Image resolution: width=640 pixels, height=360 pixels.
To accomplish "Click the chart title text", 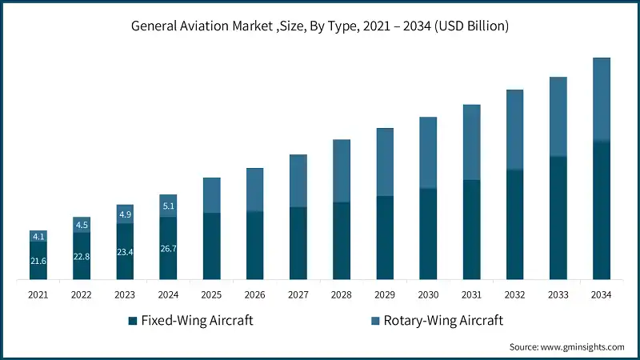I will pos(320,26).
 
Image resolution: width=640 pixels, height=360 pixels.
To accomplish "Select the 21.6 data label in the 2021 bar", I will pos(38,262).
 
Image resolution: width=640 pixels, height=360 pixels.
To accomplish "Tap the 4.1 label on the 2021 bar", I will pos(38,236).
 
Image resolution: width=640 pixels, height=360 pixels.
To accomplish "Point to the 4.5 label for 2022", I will pos(82,225).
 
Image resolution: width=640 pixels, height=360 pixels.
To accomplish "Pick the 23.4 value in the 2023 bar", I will pos(125,252).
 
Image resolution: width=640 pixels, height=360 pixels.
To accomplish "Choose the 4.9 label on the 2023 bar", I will pos(125,214).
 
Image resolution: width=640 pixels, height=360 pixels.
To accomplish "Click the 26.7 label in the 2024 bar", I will pos(168,249).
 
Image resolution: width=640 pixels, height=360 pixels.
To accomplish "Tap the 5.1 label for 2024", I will pos(168,206).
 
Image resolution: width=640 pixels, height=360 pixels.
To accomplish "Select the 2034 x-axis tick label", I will pos(602,294).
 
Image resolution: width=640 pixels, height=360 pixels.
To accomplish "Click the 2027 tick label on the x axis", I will pos(298,294).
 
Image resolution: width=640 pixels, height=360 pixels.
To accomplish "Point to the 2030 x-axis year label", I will pos(428,294).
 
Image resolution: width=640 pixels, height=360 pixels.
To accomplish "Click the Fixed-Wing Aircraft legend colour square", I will pos(132,321).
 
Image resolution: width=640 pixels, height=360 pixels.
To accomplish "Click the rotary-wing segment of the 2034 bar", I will pos(602,100).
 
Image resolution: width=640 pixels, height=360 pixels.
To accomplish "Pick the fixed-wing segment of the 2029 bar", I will pos(385,238).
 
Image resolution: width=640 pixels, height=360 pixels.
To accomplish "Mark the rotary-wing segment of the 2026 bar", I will pos(255,190).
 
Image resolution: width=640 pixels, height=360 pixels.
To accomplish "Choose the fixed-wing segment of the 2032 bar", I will pos(515,225).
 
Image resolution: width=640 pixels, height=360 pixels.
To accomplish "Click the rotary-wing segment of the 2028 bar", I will pos(342,170).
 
